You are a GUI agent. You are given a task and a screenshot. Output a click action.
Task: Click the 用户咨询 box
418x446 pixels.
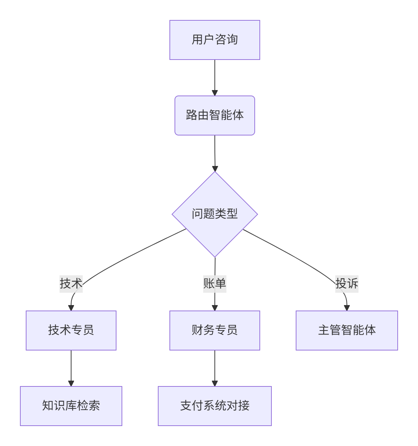(x=214, y=40)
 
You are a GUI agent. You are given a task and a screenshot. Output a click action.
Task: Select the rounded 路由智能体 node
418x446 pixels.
(x=214, y=115)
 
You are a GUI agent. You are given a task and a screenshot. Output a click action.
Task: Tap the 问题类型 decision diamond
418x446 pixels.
(x=214, y=214)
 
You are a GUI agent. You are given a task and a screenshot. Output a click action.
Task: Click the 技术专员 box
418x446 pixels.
(x=71, y=330)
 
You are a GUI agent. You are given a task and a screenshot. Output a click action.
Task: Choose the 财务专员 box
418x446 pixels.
(x=214, y=330)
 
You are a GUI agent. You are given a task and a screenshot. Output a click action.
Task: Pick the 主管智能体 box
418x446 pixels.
(x=347, y=330)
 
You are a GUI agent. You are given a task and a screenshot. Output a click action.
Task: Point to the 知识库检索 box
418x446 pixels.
(x=71, y=406)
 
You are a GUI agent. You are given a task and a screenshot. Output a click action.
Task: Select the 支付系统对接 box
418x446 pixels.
(x=214, y=406)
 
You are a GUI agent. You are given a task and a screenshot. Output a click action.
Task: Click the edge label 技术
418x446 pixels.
(x=71, y=284)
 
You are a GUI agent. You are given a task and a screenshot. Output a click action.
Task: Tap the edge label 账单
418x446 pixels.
(x=214, y=284)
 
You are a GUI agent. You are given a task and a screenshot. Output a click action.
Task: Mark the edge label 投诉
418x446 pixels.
(x=347, y=284)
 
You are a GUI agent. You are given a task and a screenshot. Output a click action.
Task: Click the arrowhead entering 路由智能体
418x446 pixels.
(x=214, y=93)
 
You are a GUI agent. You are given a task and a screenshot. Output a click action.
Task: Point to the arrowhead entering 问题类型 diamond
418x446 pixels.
(x=215, y=169)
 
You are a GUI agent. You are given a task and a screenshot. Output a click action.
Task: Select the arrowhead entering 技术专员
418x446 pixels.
(x=71, y=308)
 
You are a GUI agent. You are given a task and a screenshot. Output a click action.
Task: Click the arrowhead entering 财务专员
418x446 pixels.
(x=214, y=308)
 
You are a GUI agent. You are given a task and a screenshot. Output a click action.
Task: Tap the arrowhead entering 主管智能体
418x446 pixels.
(x=347, y=308)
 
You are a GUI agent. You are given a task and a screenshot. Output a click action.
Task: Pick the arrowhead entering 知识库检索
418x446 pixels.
(x=71, y=384)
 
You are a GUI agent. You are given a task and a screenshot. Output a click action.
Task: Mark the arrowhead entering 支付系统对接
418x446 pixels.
(x=214, y=384)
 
